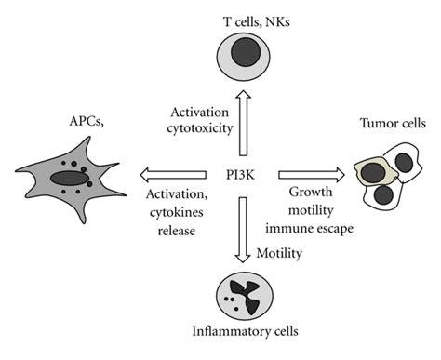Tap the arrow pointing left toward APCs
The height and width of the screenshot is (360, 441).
[x=171, y=173]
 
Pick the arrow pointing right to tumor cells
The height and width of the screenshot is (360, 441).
[x=312, y=173]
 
